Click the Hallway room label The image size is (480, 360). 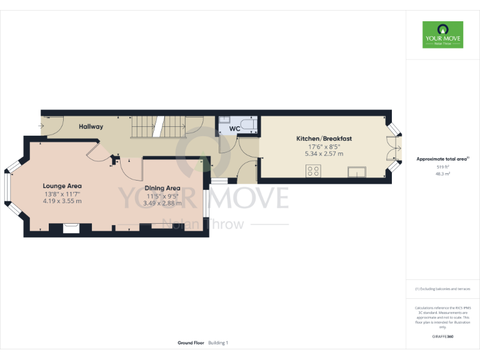point(91,127)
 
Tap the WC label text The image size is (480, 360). point(234,129)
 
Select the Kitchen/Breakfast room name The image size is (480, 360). point(324,138)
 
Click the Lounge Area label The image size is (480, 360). point(62,186)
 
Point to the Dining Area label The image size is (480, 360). point(162,188)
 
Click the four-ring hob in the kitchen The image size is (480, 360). point(312,171)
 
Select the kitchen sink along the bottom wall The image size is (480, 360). point(357,171)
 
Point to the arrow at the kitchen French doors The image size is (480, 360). point(402,149)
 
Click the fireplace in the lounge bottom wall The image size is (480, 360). point(71,227)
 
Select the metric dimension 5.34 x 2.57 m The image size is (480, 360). point(324,154)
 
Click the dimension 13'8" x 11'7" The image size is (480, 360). point(62,194)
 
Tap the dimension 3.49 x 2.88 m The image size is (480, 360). point(162,203)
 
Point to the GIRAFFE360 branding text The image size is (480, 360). point(442,337)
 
